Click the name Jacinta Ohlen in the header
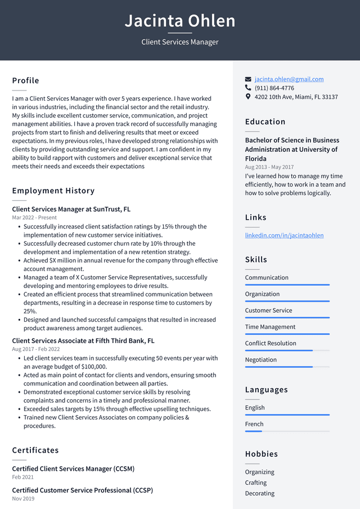tap(180, 21)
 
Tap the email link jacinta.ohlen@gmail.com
tap(289, 79)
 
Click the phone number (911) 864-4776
tap(274, 88)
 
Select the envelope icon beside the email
tap(248, 79)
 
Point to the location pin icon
tap(248, 97)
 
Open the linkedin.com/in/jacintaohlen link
tap(284, 235)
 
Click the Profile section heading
tap(25, 80)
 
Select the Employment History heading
tap(53, 191)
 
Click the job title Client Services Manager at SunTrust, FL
tap(71, 209)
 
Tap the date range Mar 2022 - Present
tap(34, 218)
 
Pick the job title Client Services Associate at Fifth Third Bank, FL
tap(83, 341)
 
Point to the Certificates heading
tap(35, 450)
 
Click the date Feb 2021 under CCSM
tap(23, 477)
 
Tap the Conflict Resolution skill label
tap(270, 343)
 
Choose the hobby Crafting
tap(256, 483)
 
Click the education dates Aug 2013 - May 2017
tap(269, 168)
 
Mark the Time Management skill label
tap(270, 327)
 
